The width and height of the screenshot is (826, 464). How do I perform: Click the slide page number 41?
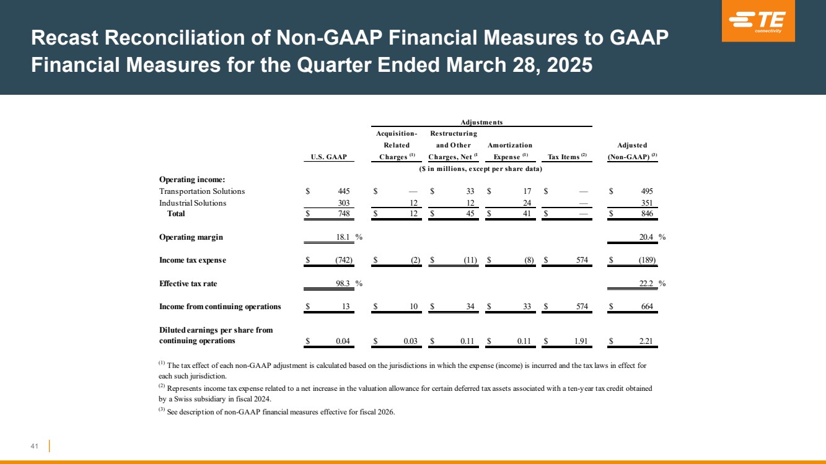pyautogui.click(x=34, y=446)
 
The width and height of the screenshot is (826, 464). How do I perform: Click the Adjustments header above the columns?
pyautogui.click(x=481, y=123)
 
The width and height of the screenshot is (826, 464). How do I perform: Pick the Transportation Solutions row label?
pyautogui.click(x=202, y=191)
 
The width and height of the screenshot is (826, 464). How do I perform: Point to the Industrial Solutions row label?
pyautogui.click(x=193, y=203)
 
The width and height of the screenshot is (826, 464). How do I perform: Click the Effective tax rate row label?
pyautogui.click(x=188, y=284)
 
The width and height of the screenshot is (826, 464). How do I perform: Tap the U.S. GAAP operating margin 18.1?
pyautogui.click(x=343, y=237)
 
